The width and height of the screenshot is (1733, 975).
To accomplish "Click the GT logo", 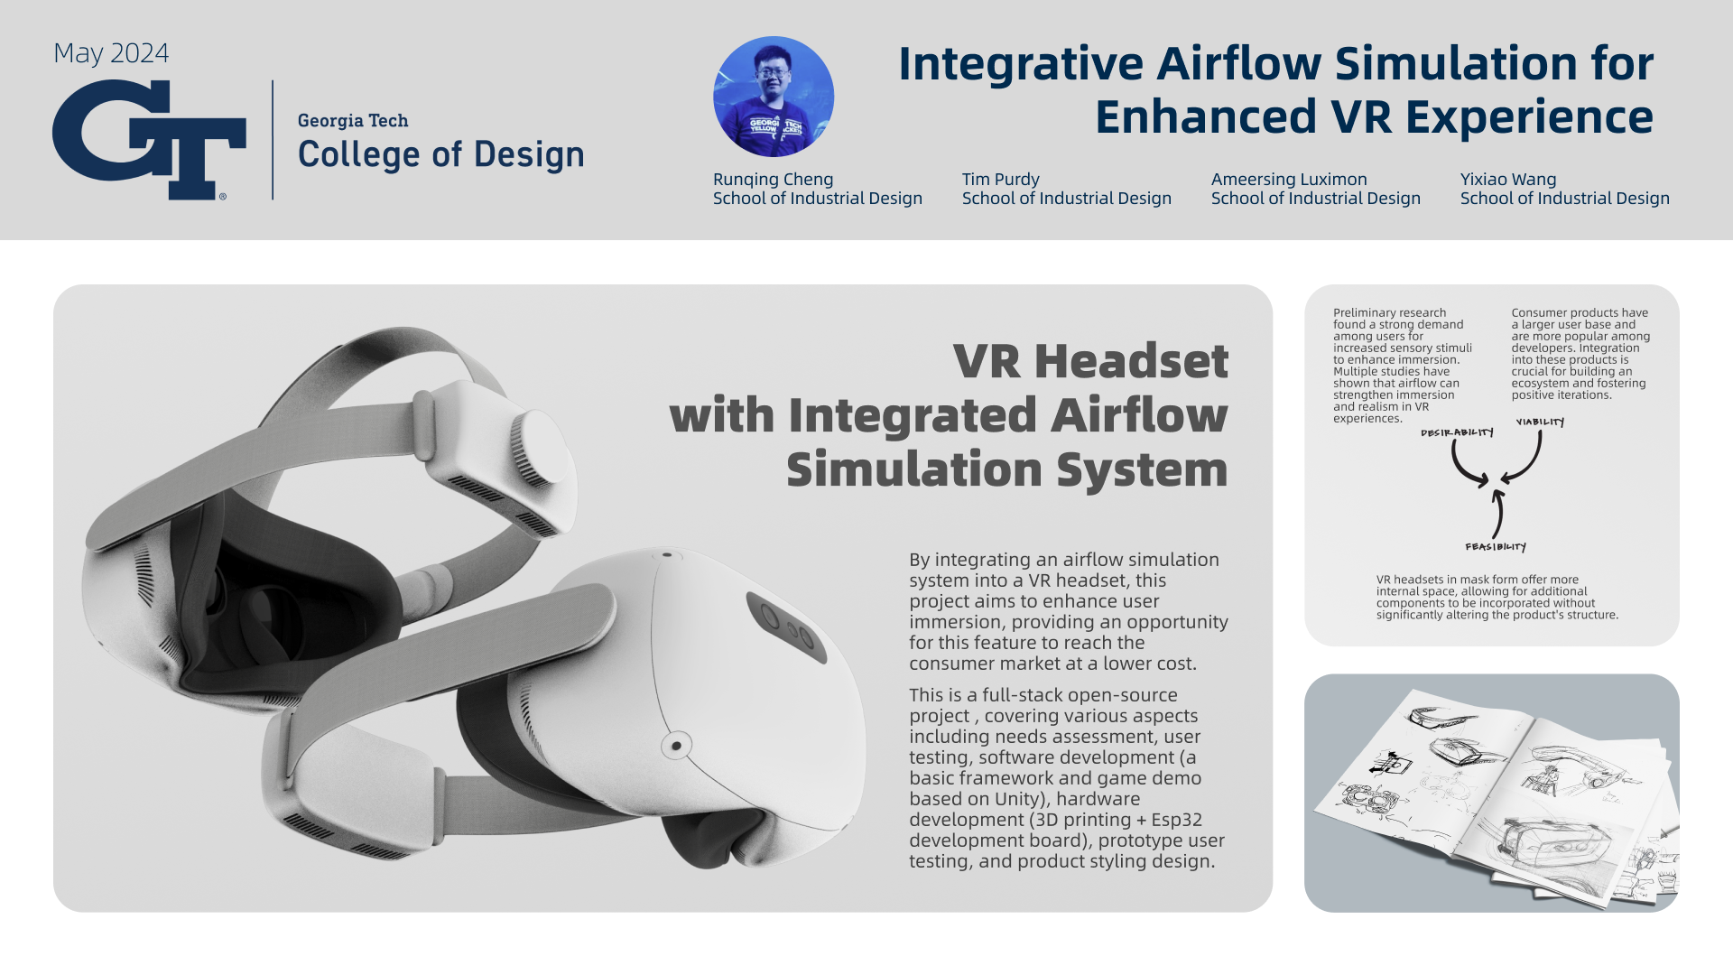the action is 149,140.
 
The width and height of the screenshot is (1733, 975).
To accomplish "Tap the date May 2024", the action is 111,53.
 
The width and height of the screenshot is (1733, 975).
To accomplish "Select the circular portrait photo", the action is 774,97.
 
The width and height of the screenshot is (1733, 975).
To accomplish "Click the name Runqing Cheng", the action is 773,180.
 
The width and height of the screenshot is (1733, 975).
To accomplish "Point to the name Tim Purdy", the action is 1000,180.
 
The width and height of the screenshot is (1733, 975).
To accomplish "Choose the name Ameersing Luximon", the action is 1289,180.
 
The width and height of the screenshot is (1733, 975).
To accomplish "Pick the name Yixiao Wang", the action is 1508,180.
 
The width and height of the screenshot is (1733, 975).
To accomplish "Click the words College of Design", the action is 441,154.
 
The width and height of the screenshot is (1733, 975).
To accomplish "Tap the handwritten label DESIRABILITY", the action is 1457,433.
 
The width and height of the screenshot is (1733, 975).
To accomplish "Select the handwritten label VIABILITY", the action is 1540,422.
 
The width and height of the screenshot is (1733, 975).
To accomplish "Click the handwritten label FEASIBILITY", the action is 1496,547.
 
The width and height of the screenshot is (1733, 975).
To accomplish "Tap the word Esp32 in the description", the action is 1176,820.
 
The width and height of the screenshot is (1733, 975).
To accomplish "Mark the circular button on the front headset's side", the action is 676,746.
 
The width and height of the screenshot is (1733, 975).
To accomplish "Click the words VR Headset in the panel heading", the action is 1090,361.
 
